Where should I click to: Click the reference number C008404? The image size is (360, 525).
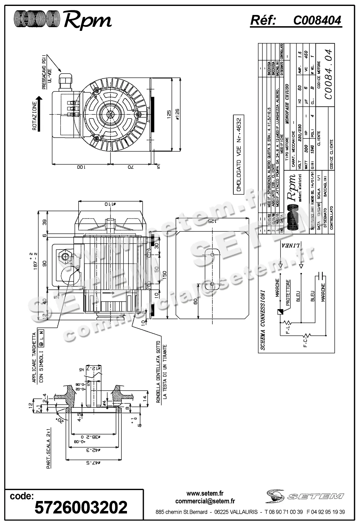pos(317,21)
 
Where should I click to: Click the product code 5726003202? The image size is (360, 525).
pos(81,507)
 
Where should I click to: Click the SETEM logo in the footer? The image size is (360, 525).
pos(304,497)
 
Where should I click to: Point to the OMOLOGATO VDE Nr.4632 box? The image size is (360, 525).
pos(239,155)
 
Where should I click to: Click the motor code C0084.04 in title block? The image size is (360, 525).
pos(328,75)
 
